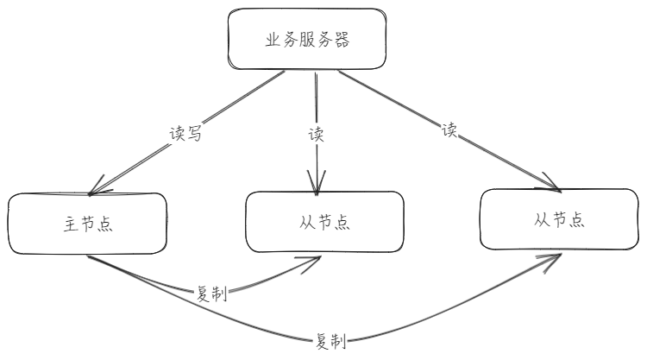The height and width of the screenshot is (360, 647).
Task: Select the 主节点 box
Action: (88, 224)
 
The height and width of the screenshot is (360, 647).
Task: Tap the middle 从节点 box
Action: (324, 221)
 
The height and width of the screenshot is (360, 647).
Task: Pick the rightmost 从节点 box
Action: (559, 218)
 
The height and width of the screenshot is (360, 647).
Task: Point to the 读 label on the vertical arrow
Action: (316, 134)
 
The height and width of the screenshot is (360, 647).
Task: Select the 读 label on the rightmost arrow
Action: (449, 130)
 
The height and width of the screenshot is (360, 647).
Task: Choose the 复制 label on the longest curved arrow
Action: (330, 341)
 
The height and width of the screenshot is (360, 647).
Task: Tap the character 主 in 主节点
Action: (71, 225)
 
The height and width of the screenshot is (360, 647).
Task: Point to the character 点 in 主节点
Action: (106, 225)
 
